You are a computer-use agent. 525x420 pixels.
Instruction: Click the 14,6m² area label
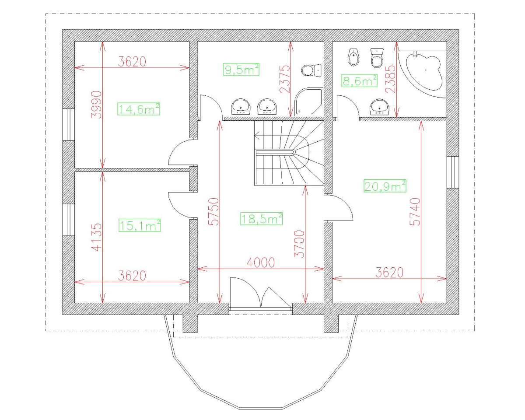[x=139, y=108]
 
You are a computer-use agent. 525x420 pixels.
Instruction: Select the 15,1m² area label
[x=140, y=225]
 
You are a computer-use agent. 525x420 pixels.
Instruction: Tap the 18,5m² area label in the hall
[x=262, y=218]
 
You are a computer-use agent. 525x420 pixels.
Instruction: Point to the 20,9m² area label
[x=385, y=186]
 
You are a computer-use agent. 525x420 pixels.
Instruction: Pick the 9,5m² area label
[x=241, y=70]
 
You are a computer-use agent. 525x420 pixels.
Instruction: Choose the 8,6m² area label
[x=359, y=80]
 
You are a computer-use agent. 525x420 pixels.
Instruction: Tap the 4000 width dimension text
[x=261, y=262]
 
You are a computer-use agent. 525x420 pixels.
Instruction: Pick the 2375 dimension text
[x=284, y=79]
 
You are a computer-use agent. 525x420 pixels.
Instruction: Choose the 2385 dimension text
[x=391, y=79]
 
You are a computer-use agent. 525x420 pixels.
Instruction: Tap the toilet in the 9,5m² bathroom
[x=311, y=70]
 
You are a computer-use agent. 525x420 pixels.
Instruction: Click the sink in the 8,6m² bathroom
[x=379, y=107]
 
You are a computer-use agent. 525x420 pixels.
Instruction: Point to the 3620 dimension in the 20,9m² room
[x=389, y=273]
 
